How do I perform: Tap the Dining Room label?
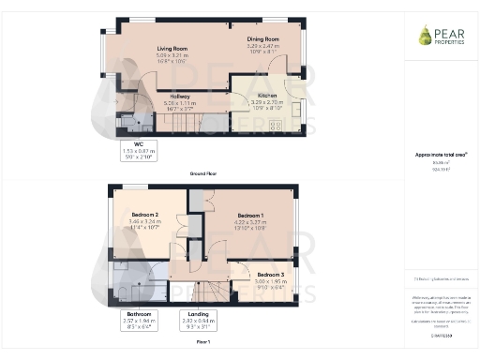(263, 38)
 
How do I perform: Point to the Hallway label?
(177, 96)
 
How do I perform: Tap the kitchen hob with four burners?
(277, 124)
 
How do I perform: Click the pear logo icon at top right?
(425, 36)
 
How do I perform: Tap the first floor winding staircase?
(201, 291)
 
